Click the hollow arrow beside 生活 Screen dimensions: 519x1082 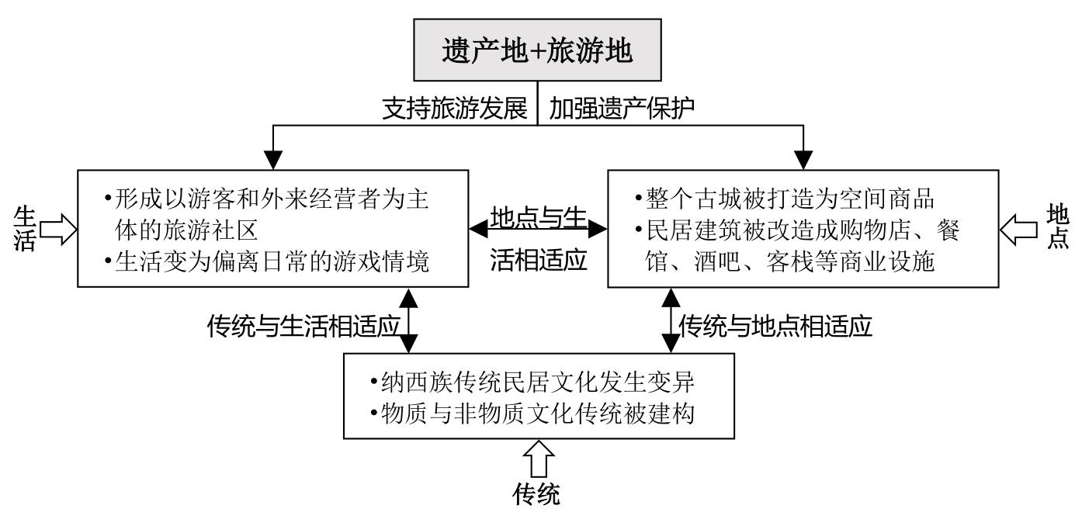click(57, 229)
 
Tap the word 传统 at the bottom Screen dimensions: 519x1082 click(536, 494)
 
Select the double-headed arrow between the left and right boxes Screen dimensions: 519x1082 click(538, 229)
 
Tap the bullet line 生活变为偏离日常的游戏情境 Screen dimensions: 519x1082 click(268, 262)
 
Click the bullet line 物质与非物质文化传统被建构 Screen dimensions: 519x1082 click(539, 413)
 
